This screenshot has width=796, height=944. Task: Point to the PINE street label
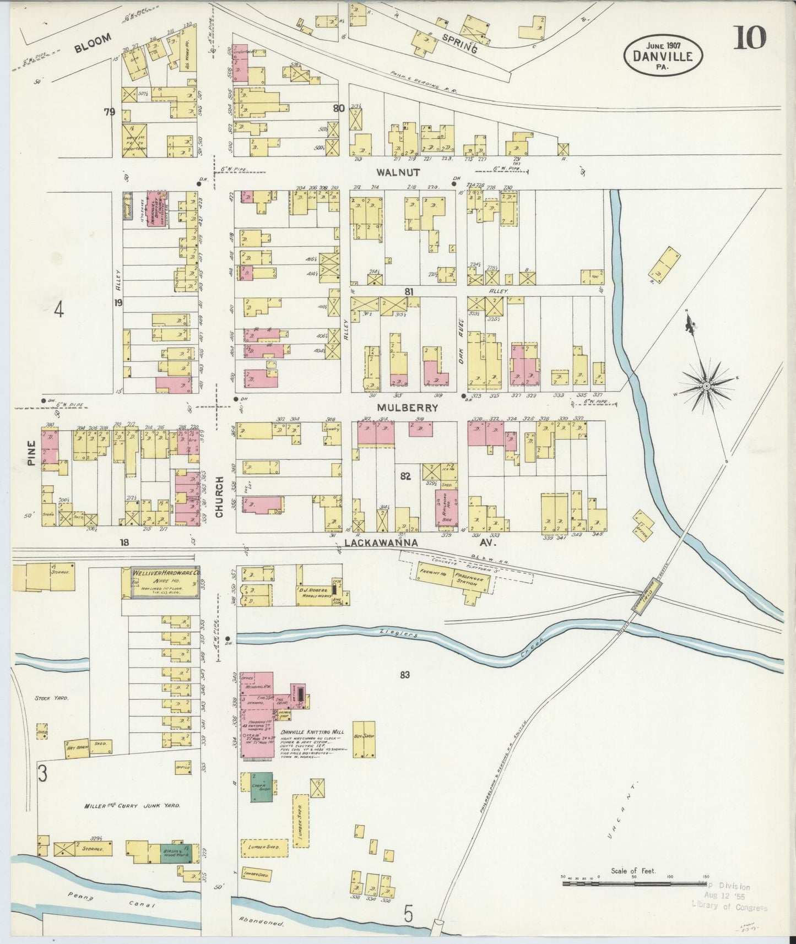click(31, 453)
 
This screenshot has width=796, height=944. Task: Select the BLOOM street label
click(93, 43)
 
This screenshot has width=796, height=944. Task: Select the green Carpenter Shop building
click(262, 786)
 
